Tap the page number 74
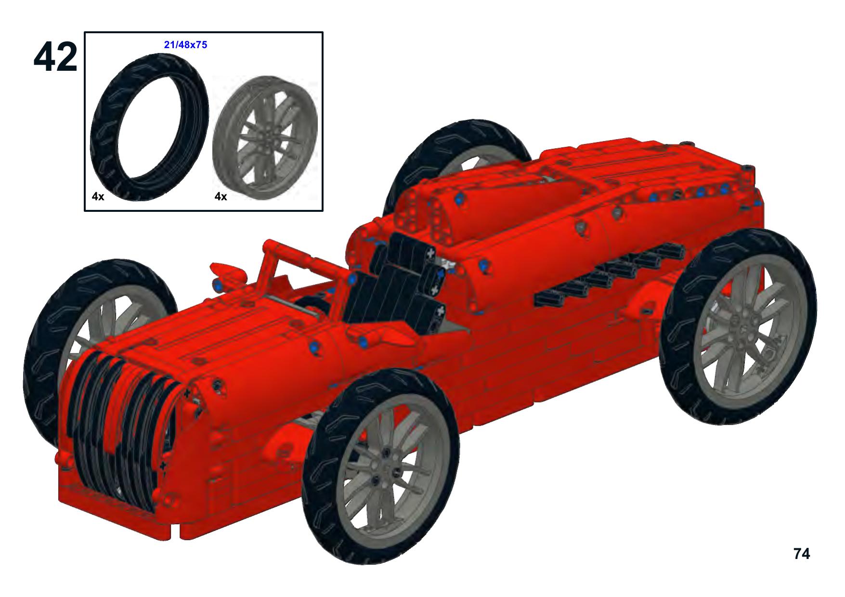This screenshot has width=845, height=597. coord(802,554)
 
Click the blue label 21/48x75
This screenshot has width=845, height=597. coord(186,45)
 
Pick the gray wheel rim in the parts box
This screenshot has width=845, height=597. coord(265,137)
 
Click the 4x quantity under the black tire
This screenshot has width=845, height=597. coord(98,196)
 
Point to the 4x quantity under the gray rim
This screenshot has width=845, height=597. coord(221,196)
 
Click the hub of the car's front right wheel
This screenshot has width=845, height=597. coord(387,467)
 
